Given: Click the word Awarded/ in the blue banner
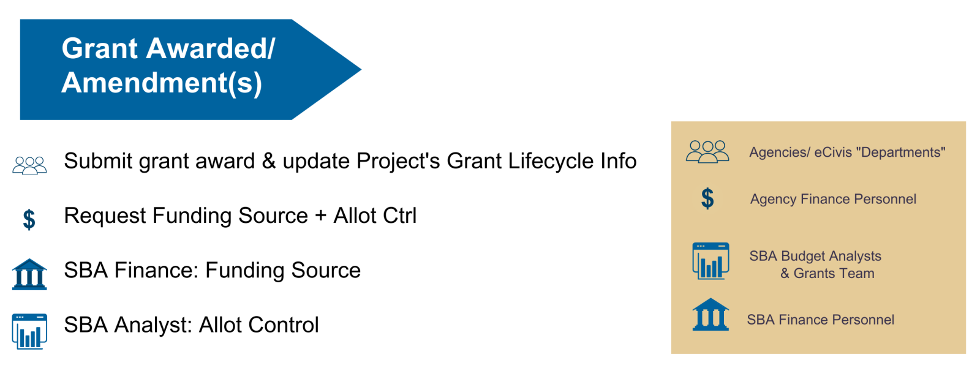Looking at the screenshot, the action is point(211,48).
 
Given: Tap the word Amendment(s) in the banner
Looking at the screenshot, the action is point(162,83).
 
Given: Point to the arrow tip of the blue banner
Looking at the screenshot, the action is point(361,69).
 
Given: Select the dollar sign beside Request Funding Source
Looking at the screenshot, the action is point(29,219).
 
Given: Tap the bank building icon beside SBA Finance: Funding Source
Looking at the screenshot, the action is point(29,274).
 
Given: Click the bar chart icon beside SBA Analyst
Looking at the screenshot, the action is point(29,331).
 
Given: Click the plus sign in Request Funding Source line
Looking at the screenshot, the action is point(321,216).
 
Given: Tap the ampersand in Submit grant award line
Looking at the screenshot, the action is point(269,162).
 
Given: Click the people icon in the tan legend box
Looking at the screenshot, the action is point(707,152).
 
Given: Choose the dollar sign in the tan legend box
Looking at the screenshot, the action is point(707,198).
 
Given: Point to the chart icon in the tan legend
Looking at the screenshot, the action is point(710,261).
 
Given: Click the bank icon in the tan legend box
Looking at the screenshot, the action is point(710,314).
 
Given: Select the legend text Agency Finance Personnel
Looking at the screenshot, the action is point(833,200).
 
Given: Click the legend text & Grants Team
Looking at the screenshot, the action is point(827,274).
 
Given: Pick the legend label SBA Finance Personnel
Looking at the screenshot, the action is point(820,320).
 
